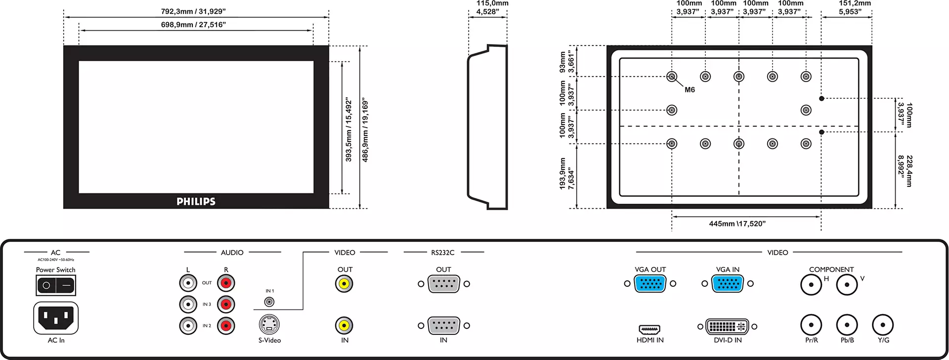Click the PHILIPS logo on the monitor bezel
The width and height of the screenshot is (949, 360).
(196, 201)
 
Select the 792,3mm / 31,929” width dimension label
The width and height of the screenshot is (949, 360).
(193, 11)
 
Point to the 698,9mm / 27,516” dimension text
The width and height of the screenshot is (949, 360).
(193, 25)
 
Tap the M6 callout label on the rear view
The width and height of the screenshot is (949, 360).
(690, 90)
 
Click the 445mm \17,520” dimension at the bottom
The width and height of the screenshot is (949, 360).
(737, 224)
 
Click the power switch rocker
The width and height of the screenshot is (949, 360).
(56, 285)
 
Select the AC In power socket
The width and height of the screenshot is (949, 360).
(56, 318)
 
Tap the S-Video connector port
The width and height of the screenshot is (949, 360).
(269, 324)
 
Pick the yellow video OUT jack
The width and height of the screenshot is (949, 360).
(344, 284)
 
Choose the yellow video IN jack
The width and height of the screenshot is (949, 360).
(344, 325)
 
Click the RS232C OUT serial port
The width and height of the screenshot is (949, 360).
(444, 284)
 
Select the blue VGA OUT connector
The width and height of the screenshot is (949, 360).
(650, 284)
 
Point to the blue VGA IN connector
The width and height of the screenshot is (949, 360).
(728, 284)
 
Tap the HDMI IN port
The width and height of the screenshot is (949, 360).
(649, 329)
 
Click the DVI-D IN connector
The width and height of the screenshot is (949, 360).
(727, 326)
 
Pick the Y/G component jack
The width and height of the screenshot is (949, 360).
(883, 325)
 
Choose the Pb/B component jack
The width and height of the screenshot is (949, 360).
(847, 325)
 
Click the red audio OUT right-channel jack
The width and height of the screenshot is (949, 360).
(226, 283)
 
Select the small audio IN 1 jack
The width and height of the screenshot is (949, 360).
(269, 302)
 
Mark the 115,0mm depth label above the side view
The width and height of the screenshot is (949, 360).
(492, 3)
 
